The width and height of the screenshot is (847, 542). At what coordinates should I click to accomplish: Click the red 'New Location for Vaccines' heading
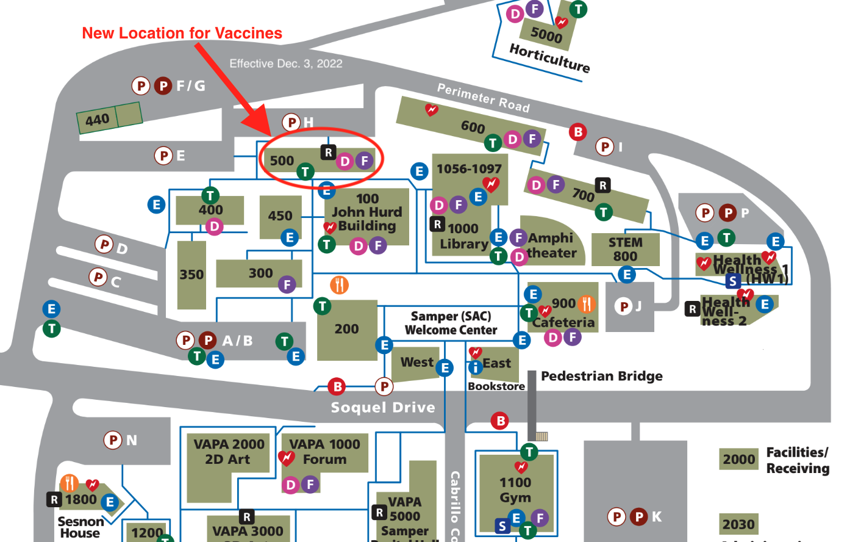click(182, 34)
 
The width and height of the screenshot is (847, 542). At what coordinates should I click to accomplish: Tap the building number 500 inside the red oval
click(282, 161)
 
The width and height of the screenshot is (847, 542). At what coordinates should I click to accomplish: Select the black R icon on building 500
click(328, 153)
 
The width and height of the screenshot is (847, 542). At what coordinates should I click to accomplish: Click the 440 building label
click(98, 120)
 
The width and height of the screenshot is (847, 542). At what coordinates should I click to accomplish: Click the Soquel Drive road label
click(383, 407)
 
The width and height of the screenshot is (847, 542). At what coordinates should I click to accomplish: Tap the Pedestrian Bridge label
click(601, 376)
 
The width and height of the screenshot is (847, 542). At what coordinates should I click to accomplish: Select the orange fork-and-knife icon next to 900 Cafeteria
click(587, 303)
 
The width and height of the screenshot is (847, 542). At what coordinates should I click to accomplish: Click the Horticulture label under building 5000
click(549, 58)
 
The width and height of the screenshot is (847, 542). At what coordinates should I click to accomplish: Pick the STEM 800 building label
click(625, 249)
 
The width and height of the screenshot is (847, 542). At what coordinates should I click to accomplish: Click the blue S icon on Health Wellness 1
click(733, 281)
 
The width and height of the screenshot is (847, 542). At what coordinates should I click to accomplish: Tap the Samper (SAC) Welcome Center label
click(451, 323)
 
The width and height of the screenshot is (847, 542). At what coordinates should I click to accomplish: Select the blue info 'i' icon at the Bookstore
click(475, 367)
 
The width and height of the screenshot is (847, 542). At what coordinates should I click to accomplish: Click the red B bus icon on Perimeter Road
click(577, 131)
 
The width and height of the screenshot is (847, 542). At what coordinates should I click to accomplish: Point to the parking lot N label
click(131, 440)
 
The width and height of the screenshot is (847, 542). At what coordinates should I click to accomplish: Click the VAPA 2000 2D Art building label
click(229, 452)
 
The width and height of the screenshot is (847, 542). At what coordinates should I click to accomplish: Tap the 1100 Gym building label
click(515, 490)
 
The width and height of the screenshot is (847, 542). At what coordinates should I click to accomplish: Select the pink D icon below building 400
click(214, 227)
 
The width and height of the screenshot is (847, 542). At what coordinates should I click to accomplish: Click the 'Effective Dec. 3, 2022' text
click(285, 63)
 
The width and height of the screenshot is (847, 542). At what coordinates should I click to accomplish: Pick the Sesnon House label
click(80, 527)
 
